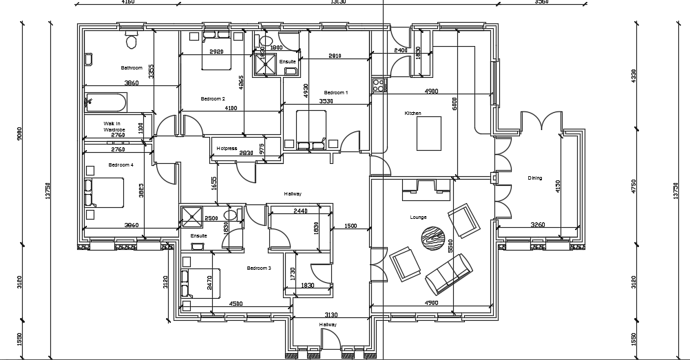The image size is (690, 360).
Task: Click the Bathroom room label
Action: coord(132,67)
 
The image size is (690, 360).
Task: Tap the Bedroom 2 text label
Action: coord(213,98)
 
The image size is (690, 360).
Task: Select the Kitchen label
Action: coord(412,113)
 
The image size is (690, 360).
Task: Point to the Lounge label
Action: coord(418,217)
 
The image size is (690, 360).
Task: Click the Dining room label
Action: coord(535,178)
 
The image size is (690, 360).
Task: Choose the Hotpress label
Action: coord(227,148)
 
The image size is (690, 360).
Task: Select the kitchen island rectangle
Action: coord(429,132)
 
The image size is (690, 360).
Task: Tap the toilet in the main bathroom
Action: coord(132,41)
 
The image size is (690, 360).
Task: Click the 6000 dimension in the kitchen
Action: coord(454,104)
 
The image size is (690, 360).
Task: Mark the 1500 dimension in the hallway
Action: coord(351,226)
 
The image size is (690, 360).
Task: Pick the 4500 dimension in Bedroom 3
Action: coord(236,304)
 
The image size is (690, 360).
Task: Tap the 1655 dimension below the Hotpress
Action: coord(214,183)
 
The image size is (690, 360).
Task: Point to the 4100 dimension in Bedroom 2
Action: coord(231,108)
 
